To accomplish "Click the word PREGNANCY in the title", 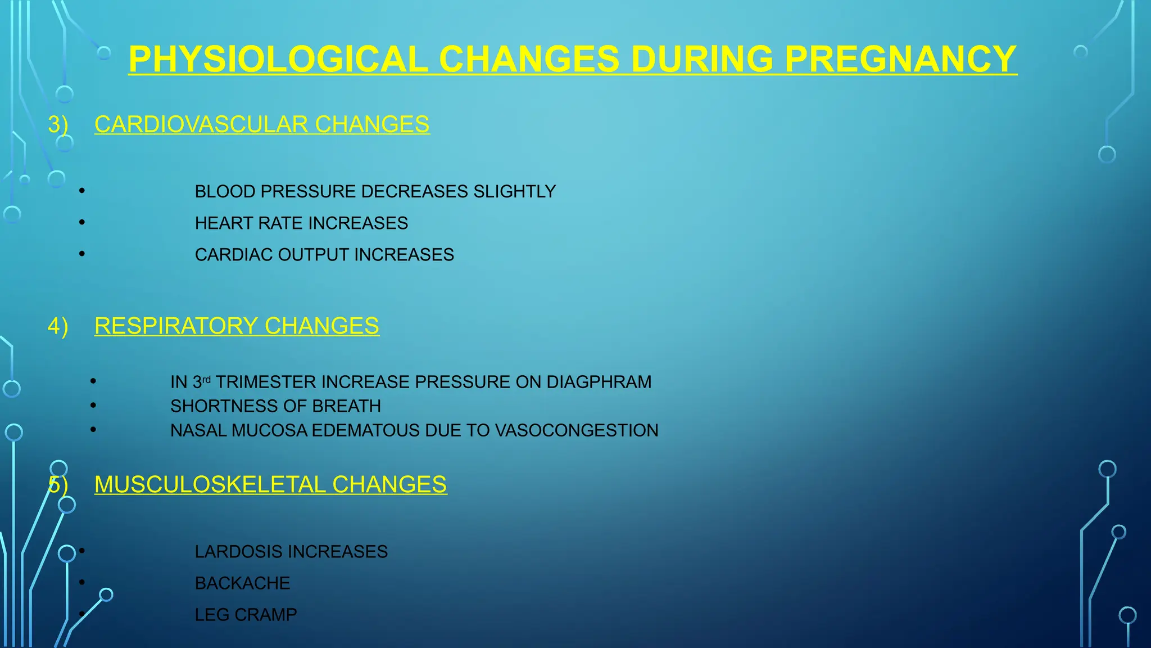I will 900,59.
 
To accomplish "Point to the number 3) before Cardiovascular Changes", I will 58,124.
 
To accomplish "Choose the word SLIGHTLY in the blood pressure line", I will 514,192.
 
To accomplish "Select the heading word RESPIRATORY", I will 176,326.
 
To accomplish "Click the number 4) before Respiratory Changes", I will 58,326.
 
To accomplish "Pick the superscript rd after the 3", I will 206,380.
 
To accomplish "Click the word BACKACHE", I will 242,583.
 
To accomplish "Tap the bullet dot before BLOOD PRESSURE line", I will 82,191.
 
